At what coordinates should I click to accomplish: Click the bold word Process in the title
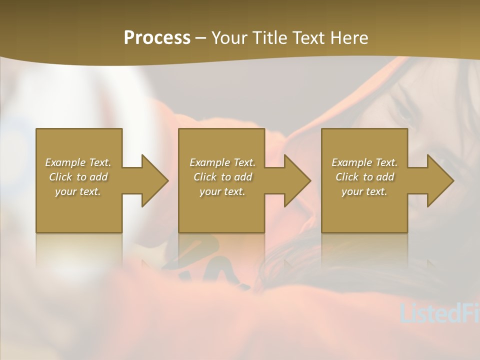click(157, 38)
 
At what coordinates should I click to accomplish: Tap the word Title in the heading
click(267, 38)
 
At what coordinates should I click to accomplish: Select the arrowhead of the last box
click(439, 180)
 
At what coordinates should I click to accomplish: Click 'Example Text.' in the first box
click(78, 162)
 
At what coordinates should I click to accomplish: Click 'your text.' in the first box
click(78, 191)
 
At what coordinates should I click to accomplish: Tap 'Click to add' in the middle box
click(222, 177)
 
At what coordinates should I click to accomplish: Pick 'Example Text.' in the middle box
click(222, 162)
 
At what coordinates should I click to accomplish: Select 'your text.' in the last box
click(364, 191)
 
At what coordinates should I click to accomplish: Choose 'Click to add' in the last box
click(364, 177)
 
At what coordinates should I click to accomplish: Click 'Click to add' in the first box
click(78, 177)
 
